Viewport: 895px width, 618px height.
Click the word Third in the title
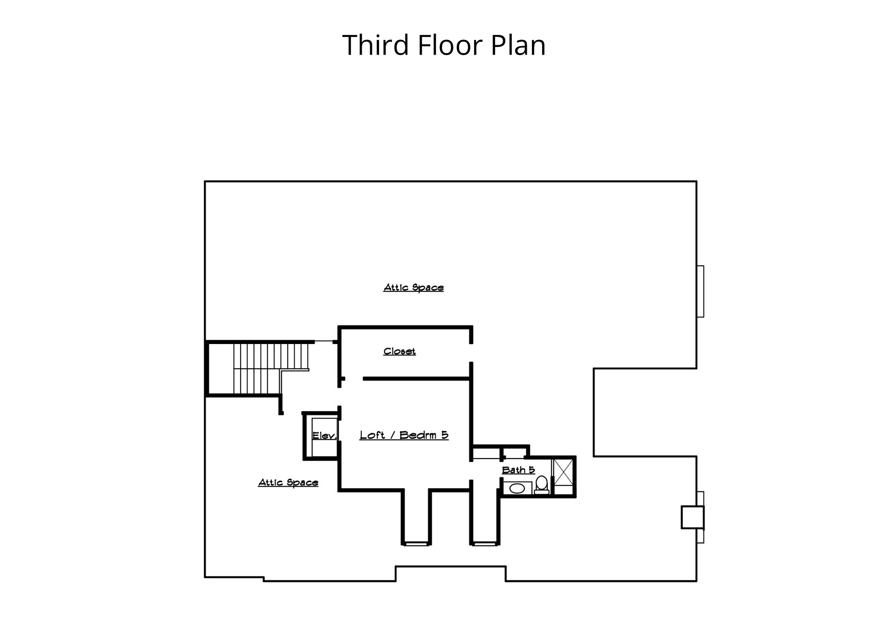(x=375, y=45)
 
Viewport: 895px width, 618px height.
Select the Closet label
(x=399, y=351)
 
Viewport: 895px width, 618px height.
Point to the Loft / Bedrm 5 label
(x=404, y=435)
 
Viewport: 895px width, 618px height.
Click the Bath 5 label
(x=518, y=470)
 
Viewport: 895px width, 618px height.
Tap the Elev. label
(x=324, y=436)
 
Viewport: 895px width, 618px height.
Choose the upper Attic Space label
(x=413, y=288)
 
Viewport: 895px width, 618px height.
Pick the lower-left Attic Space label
(x=288, y=482)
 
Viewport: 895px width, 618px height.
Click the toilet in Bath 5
(x=542, y=484)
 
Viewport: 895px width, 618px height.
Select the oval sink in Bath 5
(x=517, y=488)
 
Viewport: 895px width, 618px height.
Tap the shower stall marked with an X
(x=563, y=476)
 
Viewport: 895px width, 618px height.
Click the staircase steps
(x=270, y=368)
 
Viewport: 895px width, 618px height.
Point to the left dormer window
(x=416, y=543)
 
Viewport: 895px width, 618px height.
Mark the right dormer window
(x=485, y=543)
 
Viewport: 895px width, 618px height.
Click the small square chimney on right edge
(x=693, y=517)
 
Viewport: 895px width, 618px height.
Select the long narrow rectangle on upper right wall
(x=700, y=291)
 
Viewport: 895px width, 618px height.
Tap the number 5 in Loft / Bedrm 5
(x=445, y=435)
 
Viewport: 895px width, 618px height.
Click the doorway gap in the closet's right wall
(x=471, y=353)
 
